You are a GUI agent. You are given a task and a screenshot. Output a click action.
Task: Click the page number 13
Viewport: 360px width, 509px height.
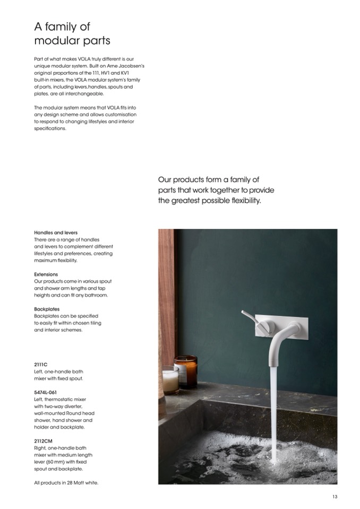(x=335, y=496)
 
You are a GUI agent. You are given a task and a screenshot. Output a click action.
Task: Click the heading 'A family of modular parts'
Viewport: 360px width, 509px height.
(x=72, y=33)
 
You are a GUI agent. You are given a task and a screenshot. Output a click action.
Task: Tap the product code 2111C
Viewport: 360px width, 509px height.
(x=41, y=365)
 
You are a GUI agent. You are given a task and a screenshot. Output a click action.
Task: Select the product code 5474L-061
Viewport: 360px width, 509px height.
(x=45, y=392)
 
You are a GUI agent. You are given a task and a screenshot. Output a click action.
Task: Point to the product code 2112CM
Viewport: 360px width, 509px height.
(x=43, y=441)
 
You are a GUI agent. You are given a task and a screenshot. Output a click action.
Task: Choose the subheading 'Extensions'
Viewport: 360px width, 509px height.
(x=46, y=274)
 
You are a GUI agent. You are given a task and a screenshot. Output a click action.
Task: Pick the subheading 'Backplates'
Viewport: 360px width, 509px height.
(x=47, y=309)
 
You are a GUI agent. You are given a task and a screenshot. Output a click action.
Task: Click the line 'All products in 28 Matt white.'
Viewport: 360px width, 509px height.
(x=66, y=482)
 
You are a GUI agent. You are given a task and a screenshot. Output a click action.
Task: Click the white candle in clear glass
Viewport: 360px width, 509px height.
(x=170, y=380)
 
